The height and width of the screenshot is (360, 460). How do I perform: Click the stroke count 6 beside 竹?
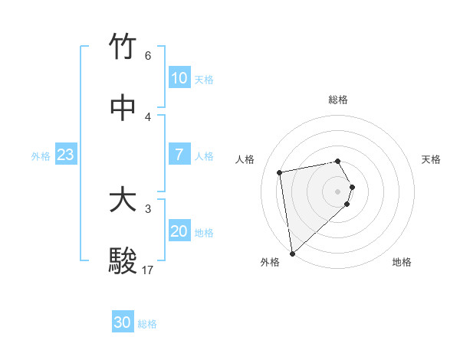click(x=148, y=56)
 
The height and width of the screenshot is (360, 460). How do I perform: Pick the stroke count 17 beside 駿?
click(x=148, y=270)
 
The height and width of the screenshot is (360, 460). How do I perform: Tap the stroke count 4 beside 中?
click(x=148, y=117)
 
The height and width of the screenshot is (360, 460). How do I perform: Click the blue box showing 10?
click(x=179, y=78)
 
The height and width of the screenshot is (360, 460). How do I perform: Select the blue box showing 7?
click(x=179, y=155)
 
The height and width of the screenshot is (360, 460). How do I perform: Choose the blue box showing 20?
click(x=179, y=231)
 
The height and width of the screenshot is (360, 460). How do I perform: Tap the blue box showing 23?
click(x=66, y=155)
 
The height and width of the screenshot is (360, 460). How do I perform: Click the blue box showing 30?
click(x=123, y=322)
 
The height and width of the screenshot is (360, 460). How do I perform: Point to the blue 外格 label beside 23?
click(x=41, y=156)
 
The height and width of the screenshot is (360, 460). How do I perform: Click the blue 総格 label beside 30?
click(x=147, y=324)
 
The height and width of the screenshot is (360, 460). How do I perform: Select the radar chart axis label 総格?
click(x=338, y=100)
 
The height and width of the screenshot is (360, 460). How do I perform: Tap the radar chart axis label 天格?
click(x=431, y=159)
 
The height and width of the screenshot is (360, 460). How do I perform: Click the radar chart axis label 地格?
click(x=402, y=262)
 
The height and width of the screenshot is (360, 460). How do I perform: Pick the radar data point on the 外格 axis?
click(x=292, y=253)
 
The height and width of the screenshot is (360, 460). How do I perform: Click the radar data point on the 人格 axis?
click(x=280, y=172)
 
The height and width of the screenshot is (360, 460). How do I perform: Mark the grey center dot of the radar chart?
click(x=338, y=191)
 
